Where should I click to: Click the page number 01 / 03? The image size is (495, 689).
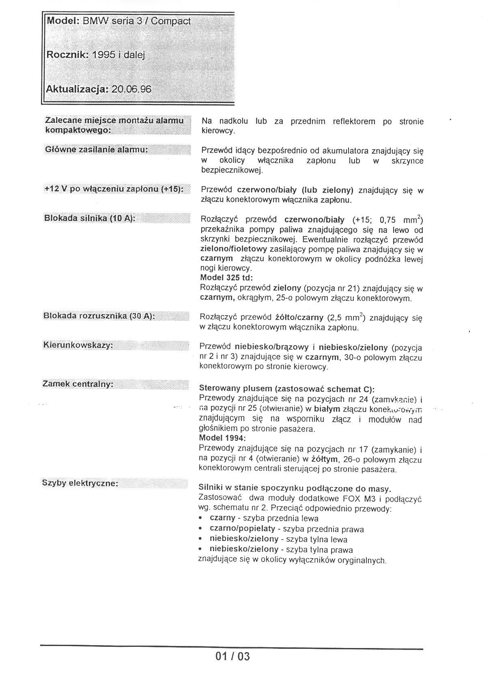point(232,656)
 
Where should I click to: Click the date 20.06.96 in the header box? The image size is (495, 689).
point(131,89)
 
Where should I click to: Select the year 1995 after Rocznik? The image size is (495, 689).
point(103,55)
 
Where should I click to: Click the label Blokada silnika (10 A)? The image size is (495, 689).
point(89,218)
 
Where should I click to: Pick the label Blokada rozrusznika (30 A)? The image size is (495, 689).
point(99,316)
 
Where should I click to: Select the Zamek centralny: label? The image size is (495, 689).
point(78,384)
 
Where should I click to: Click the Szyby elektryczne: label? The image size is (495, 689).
point(80,483)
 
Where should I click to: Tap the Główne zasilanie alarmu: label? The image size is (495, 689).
point(96,150)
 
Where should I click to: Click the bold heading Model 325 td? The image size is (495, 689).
point(226,278)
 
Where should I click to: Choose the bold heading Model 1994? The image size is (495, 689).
point(222,438)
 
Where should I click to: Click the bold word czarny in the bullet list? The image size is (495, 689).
point(222,518)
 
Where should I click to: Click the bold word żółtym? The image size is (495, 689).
point(325,459)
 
